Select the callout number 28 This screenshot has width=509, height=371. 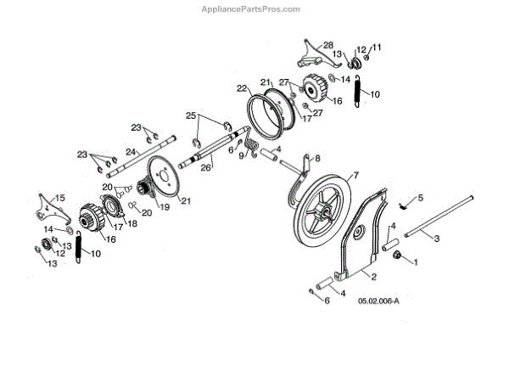[328, 44]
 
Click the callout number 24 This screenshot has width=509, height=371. [132, 152]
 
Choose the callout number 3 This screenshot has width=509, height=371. [436, 241]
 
